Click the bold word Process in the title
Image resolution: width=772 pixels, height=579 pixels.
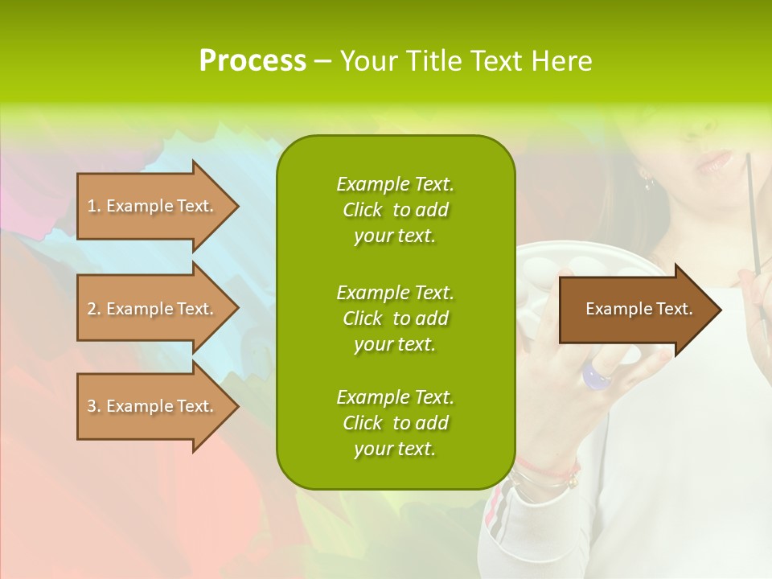[x=253, y=61]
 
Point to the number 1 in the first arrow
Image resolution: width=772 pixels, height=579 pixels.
[x=91, y=206]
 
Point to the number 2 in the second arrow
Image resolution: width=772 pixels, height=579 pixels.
[x=91, y=309]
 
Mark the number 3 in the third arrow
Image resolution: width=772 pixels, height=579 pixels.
[x=91, y=406]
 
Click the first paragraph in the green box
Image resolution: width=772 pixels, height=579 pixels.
[x=395, y=210]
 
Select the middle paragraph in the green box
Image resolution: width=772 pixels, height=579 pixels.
[x=395, y=318]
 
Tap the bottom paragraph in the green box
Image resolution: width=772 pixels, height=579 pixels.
[x=395, y=423]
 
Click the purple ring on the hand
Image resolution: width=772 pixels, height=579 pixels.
[x=597, y=375]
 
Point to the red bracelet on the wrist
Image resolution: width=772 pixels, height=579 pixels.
[x=547, y=467]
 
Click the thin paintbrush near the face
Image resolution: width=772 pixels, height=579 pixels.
[x=754, y=217]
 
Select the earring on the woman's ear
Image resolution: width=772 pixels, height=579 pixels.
[x=647, y=179]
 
